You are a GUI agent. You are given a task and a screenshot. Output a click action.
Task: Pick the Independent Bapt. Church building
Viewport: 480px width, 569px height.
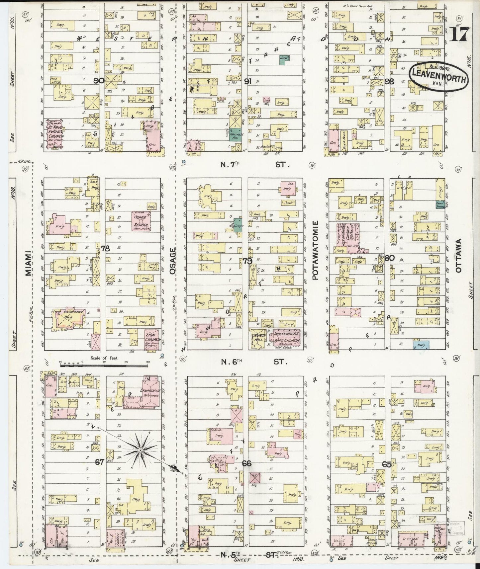287,337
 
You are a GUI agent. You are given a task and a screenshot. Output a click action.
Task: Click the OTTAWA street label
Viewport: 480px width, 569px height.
459,256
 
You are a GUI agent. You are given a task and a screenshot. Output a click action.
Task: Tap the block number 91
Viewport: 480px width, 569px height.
247,82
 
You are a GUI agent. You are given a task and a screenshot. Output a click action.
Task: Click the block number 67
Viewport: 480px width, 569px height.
100,462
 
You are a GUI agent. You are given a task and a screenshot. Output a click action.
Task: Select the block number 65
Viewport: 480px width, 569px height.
387,464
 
